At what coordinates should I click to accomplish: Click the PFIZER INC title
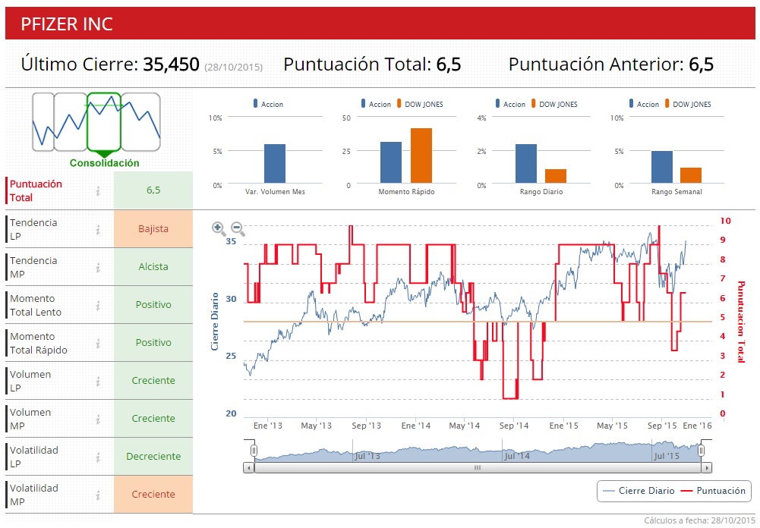click(67, 24)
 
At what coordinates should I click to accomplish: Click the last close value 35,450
click(171, 64)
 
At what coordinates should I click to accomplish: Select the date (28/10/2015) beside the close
click(234, 67)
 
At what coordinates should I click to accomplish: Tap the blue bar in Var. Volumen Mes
click(275, 163)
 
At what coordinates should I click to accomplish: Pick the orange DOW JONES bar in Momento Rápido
click(421, 156)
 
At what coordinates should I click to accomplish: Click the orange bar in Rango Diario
click(556, 175)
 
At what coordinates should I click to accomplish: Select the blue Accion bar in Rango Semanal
click(662, 167)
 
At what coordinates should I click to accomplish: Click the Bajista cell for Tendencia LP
click(153, 228)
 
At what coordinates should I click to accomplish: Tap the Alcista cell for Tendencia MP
click(153, 266)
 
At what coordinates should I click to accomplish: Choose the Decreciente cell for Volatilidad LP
click(153, 456)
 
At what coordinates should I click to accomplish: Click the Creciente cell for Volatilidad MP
click(153, 494)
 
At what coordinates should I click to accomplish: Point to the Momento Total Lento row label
click(36, 305)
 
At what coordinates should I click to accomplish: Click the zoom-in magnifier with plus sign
click(219, 228)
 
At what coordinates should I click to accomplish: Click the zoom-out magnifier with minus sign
click(238, 228)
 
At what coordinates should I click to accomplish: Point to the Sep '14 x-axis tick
click(513, 426)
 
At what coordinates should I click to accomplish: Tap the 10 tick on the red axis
click(726, 221)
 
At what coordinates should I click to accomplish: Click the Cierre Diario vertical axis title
click(215, 321)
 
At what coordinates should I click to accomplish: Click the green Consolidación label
click(105, 163)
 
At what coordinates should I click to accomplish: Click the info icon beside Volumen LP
click(98, 381)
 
